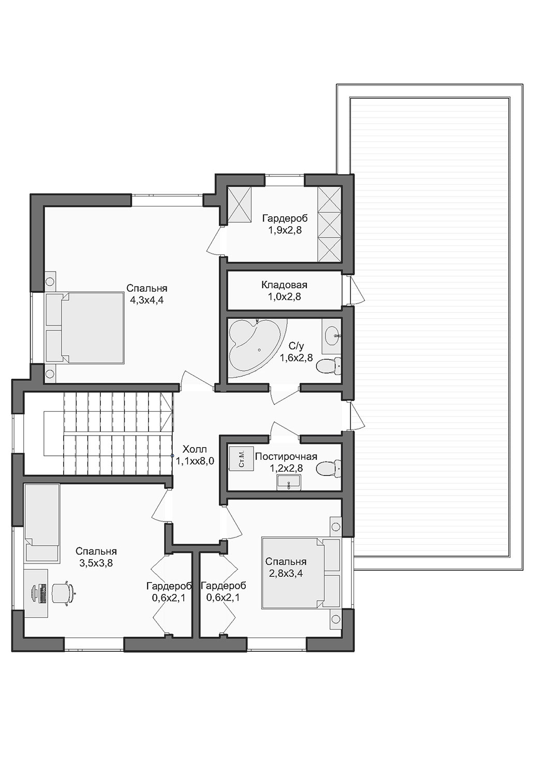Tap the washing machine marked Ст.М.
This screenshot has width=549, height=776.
pyautogui.click(x=241, y=459)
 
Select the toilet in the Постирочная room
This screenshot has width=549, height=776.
pyautogui.click(x=329, y=468)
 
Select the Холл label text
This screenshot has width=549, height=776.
pyautogui.click(x=195, y=450)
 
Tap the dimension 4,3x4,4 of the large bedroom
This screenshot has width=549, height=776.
pyautogui.click(x=146, y=300)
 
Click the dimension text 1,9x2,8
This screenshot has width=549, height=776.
pyautogui.click(x=285, y=230)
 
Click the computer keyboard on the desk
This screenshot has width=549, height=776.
pyautogui.click(x=43, y=593)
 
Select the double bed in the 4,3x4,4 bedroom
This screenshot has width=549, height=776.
pyautogui.click(x=84, y=327)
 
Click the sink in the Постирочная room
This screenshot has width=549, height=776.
pyautogui.click(x=289, y=483)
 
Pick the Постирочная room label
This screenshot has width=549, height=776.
pyautogui.click(x=286, y=457)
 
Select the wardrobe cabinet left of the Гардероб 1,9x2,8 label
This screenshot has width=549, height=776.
pyautogui.click(x=240, y=204)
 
